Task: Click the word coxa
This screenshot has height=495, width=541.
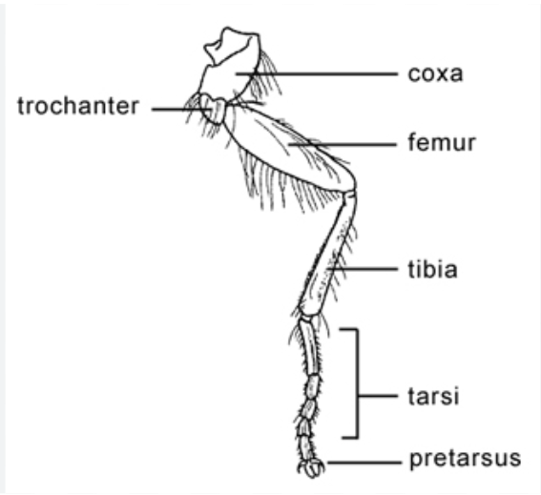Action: (x=435, y=73)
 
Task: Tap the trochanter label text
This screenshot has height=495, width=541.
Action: (x=78, y=106)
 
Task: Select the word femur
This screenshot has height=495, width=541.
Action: (x=442, y=142)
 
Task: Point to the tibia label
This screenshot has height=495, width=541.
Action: (x=432, y=269)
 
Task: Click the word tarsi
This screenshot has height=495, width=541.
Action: (x=434, y=396)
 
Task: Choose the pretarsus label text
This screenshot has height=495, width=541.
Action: (x=465, y=459)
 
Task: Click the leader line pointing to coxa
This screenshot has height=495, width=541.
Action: (x=317, y=73)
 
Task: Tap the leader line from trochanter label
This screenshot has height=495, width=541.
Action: (x=182, y=110)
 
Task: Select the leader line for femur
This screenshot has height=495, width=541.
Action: (x=343, y=145)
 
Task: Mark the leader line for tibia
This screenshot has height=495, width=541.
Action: (x=363, y=269)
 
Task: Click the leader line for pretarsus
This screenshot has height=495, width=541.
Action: (x=364, y=463)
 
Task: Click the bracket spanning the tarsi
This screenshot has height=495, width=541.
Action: (x=358, y=383)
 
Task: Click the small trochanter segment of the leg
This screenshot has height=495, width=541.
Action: (x=212, y=109)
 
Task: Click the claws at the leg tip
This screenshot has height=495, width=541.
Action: (x=311, y=468)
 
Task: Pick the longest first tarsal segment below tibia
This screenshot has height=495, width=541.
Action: (x=309, y=345)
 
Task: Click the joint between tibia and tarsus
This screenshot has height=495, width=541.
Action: (x=308, y=316)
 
